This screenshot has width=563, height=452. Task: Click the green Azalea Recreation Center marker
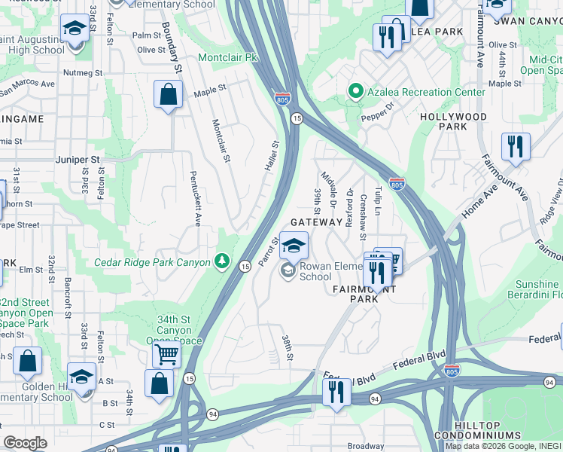pos(355,92)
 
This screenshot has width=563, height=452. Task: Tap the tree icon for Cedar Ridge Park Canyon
pos(222,261)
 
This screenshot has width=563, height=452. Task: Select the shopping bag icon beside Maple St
pos(168,96)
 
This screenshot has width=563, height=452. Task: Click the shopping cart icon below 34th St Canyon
pos(166,353)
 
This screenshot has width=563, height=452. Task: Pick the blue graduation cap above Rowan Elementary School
pos(295,245)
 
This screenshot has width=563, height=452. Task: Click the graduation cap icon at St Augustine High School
pos(75,30)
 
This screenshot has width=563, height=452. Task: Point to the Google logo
pos(25,443)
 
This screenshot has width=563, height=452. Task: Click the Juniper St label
pos(78,160)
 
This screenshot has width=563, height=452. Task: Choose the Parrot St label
pos(269,252)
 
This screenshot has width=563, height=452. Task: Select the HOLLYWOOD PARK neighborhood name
pos(453,121)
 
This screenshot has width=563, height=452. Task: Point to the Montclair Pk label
pos(227,57)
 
